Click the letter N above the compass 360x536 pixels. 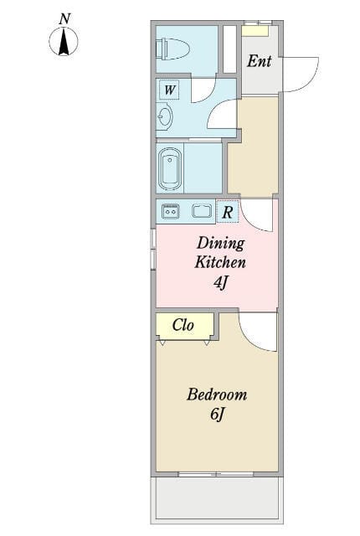click(x=64, y=18)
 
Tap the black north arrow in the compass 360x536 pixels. click(x=64, y=42)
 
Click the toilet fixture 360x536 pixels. click(x=172, y=49)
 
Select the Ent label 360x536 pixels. click(x=260, y=61)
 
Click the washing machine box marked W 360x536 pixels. click(x=169, y=90)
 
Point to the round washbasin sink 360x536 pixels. click(x=165, y=116)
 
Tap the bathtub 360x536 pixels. click(x=170, y=169)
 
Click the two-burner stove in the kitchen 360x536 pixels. click(x=170, y=212)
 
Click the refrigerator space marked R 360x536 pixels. click(x=228, y=212)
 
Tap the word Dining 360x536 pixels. click(x=221, y=244)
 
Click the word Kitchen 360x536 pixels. click(x=220, y=262)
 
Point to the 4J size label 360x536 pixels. click(x=220, y=282)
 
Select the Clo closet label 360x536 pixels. click(x=183, y=325)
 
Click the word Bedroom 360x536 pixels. click(x=217, y=394)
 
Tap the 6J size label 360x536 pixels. click(x=217, y=415)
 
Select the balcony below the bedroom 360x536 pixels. click(x=217, y=498)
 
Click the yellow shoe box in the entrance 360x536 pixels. click(x=255, y=31)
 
